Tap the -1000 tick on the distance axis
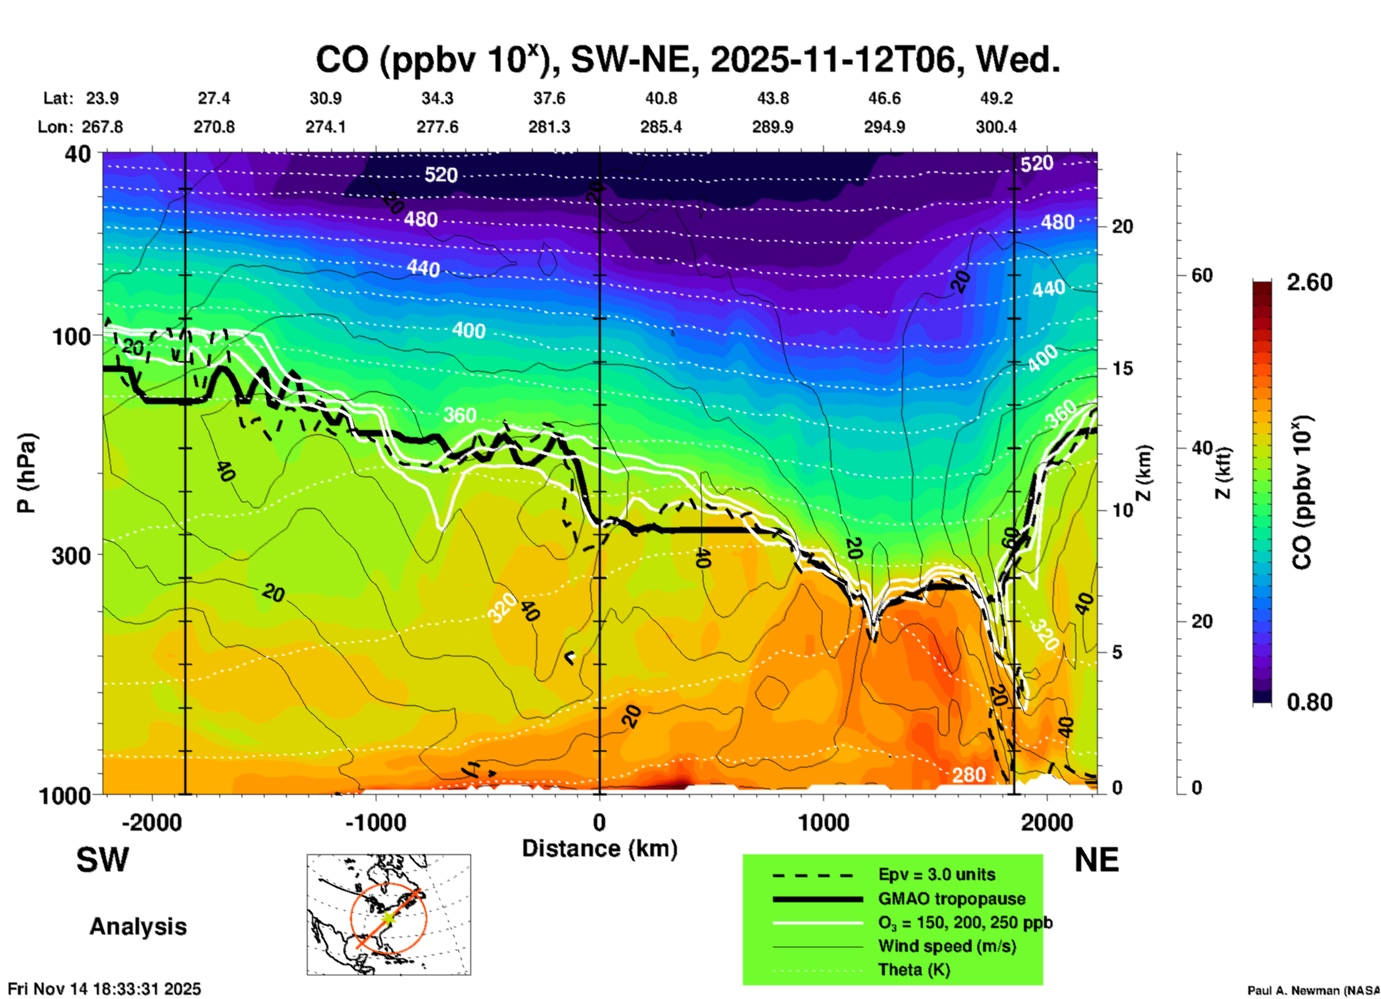tap(376, 822)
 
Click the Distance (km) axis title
tap(599, 849)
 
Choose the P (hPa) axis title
tap(26, 473)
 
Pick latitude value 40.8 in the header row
tap(660, 98)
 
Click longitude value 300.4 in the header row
tap(996, 127)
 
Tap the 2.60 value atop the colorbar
tap(1309, 282)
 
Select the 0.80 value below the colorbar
tap(1309, 702)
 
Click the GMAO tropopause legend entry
tap(951, 899)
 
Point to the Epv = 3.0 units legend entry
tap(936, 874)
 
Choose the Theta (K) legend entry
tap(913, 970)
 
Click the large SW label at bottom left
tap(103, 860)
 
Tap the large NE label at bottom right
tap(1096, 860)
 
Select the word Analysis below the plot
tap(138, 926)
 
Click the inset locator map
tap(389, 914)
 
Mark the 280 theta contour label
tap(969, 775)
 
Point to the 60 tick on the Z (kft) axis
tap(1202, 275)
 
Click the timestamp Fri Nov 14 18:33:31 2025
tap(105, 989)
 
